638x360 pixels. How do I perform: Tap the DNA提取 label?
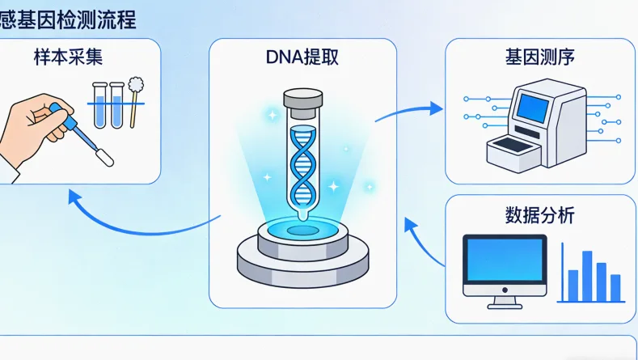302,58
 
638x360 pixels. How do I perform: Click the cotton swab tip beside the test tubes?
135,84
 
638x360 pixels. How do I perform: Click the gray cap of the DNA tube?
302,103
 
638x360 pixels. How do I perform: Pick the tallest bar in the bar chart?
588,275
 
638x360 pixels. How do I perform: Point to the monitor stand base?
504,305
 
